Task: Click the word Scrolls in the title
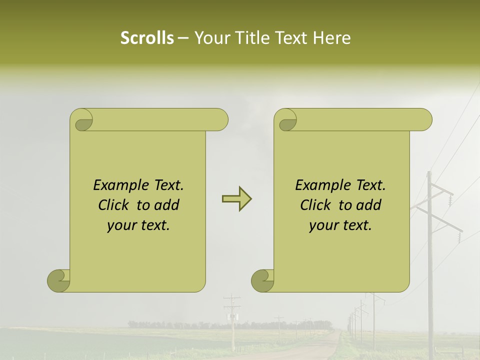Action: point(147,37)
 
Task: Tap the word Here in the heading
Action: point(332,37)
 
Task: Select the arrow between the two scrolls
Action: point(236,199)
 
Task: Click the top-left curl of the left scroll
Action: point(82,121)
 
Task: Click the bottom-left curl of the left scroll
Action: point(59,280)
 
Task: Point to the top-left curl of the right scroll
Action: point(286,121)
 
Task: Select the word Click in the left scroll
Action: point(114,205)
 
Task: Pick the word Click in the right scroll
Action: point(316,205)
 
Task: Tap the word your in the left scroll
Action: point(120,225)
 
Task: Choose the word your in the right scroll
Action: point(322,225)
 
